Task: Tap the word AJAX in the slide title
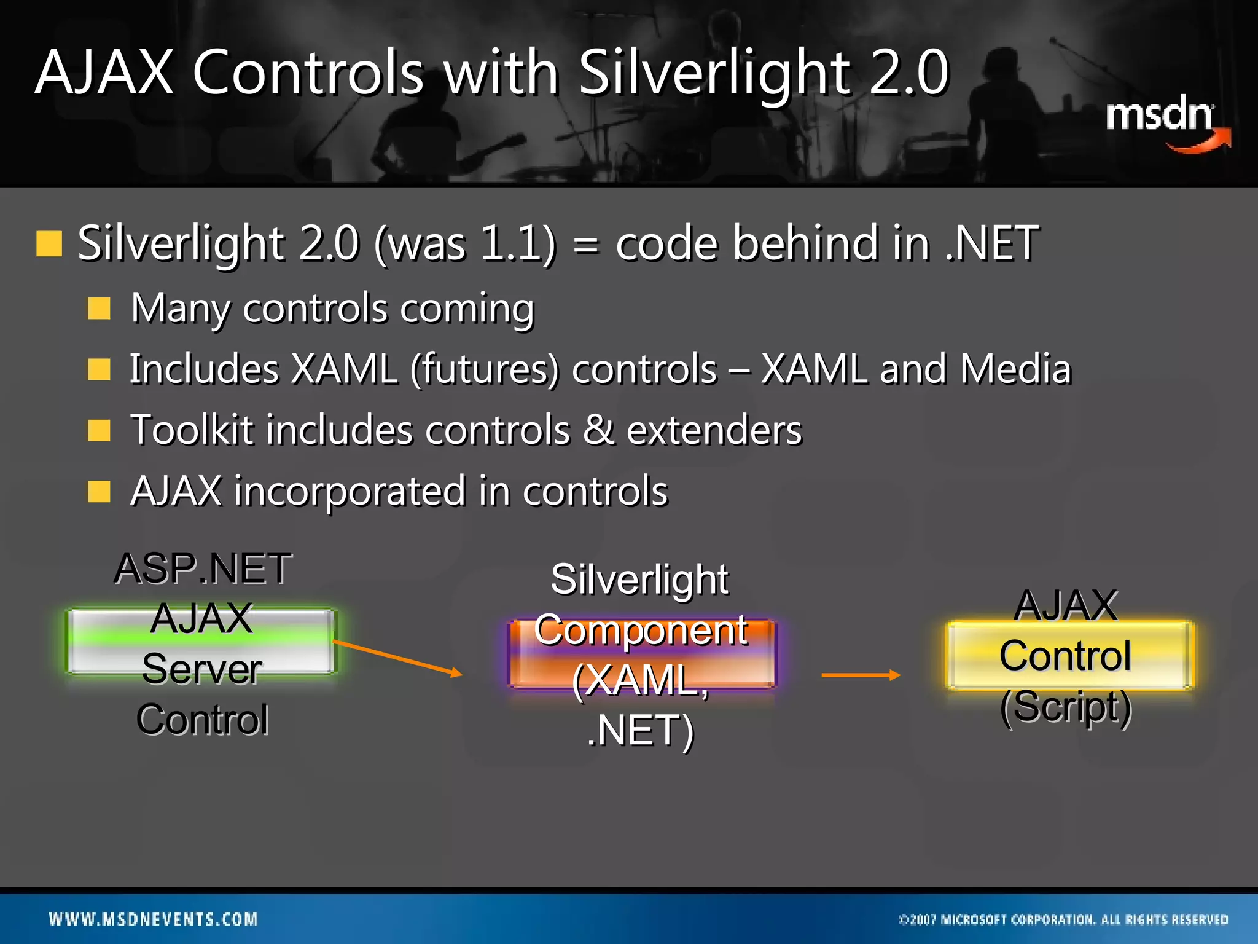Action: [x=104, y=73]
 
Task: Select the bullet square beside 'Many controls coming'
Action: [x=99, y=309]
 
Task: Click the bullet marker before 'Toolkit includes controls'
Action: [x=99, y=431]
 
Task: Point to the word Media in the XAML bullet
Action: [x=1015, y=369]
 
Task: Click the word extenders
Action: [x=714, y=430]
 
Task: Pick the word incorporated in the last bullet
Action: [x=350, y=491]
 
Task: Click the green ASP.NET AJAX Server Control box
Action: [x=201, y=642]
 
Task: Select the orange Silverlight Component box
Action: [x=641, y=654]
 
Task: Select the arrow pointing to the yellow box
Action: [x=861, y=675]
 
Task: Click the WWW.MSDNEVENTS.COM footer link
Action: [x=154, y=919]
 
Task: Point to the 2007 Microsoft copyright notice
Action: [x=1063, y=919]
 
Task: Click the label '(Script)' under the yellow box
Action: [x=1066, y=707]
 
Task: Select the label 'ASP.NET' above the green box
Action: [x=203, y=568]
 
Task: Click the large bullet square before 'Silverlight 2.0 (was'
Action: [x=50, y=244]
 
